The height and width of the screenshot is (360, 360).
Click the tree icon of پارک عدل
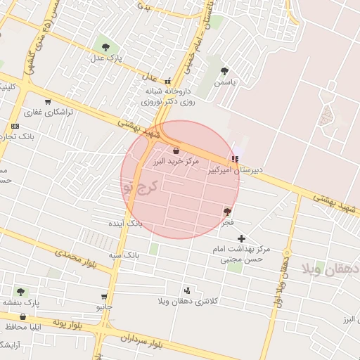(x=105, y=47)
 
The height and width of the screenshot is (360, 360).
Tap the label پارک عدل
(x=110, y=58)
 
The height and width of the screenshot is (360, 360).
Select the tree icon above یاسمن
(x=224, y=70)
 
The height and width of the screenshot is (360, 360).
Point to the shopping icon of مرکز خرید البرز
(x=176, y=150)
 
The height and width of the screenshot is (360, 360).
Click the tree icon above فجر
(x=226, y=211)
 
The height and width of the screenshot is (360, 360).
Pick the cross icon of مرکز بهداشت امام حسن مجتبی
(x=242, y=239)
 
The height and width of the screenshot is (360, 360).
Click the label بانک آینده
(x=124, y=223)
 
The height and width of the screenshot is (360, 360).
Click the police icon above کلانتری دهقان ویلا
(x=187, y=290)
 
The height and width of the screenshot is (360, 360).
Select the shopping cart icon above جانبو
(x=104, y=296)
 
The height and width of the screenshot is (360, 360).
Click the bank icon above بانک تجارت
(x=15, y=126)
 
